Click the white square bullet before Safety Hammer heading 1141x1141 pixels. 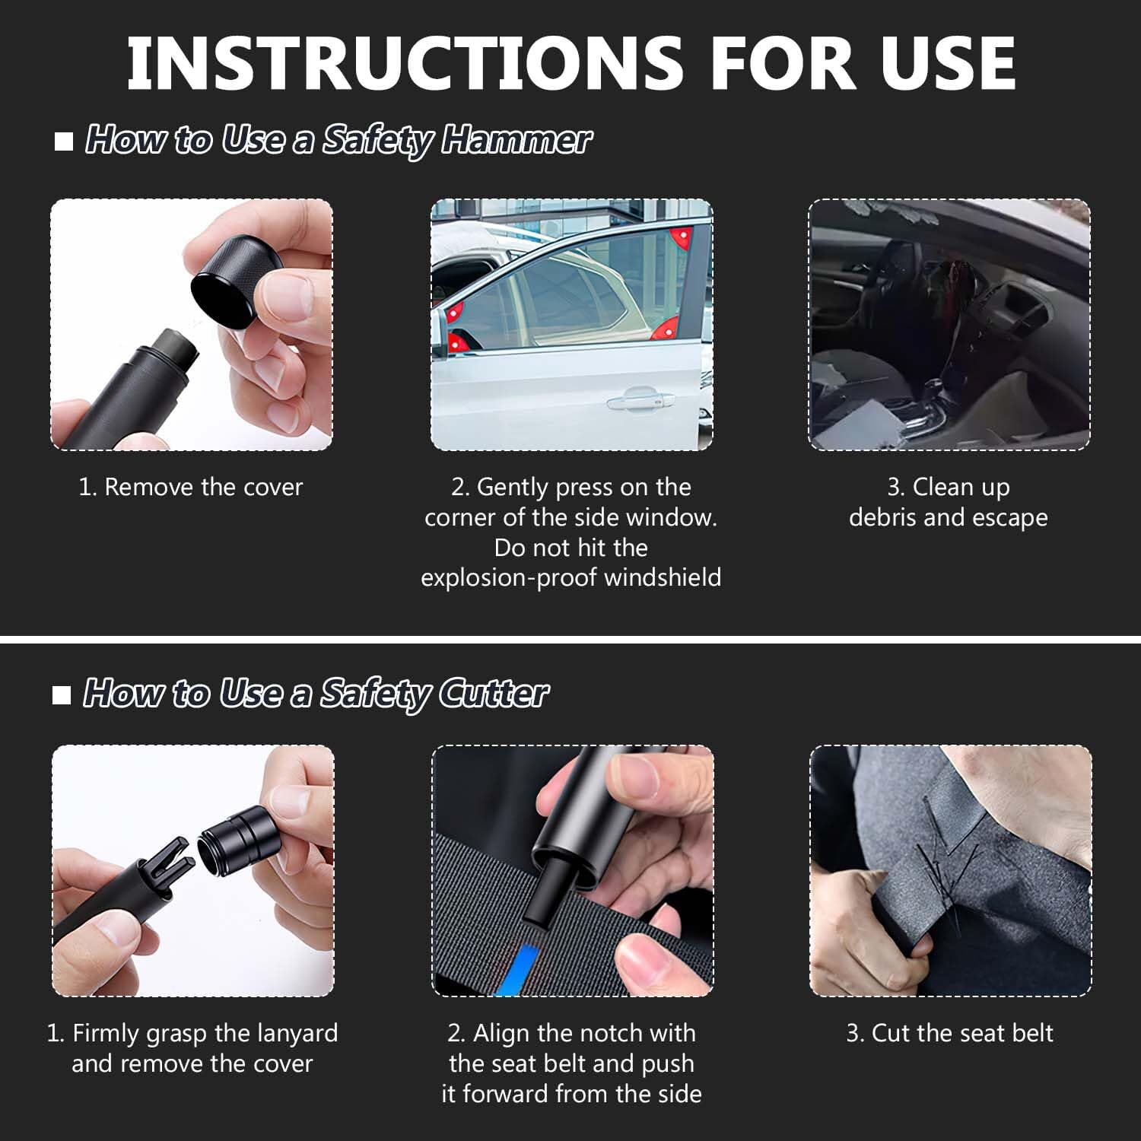[64, 141]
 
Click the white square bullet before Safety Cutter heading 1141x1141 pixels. [62, 694]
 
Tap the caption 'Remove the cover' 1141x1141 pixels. [191, 487]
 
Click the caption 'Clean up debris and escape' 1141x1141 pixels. [948, 502]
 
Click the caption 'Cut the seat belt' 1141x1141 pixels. [949, 1033]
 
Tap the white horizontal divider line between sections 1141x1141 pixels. [570, 639]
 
